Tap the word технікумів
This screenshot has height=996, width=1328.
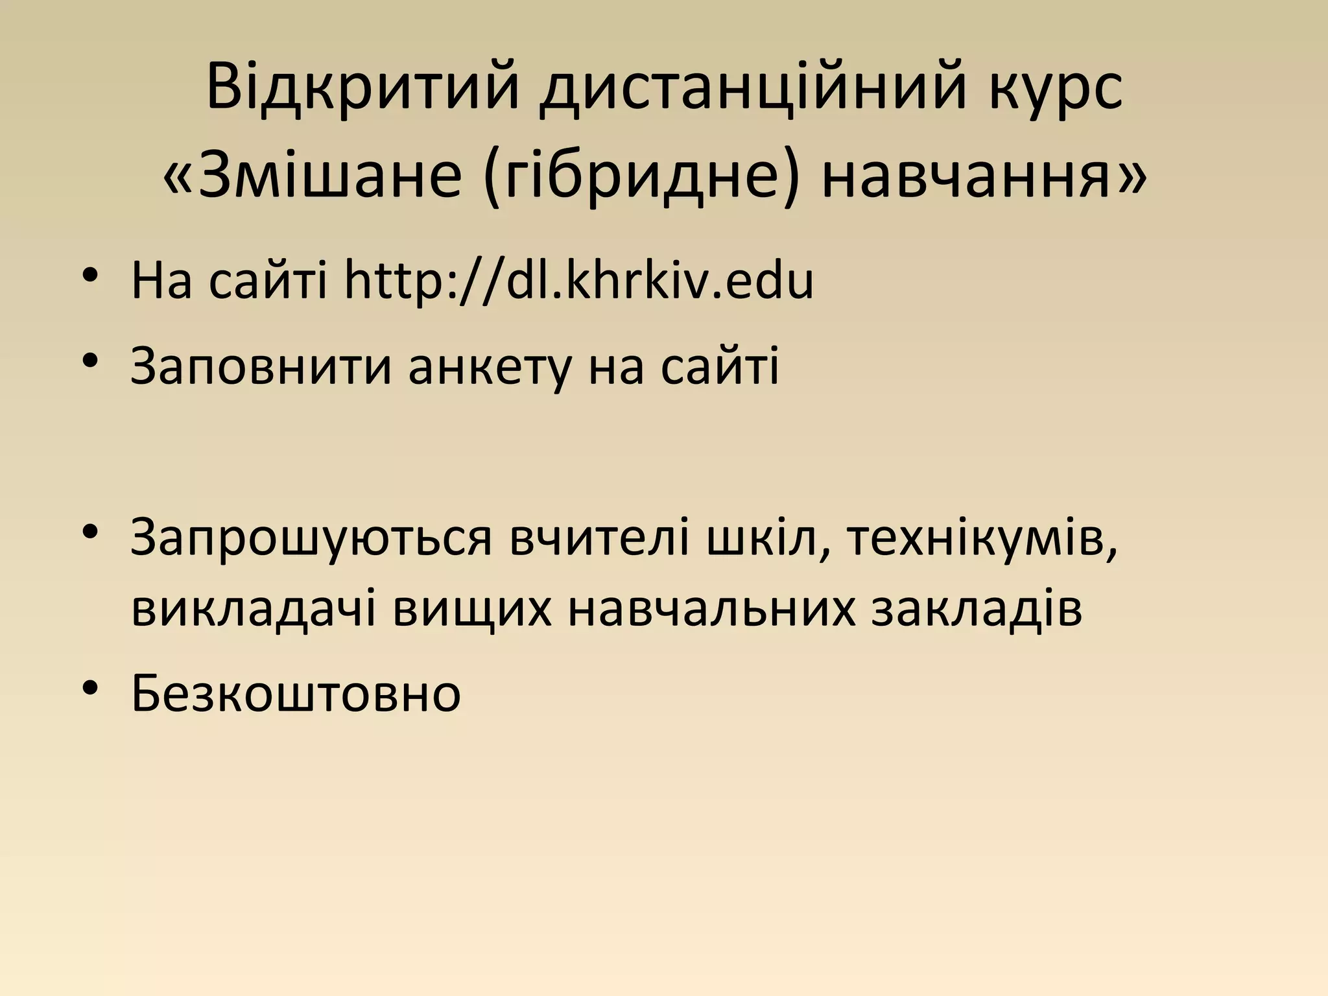click(x=982, y=538)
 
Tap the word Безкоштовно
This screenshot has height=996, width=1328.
click(x=296, y=693)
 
